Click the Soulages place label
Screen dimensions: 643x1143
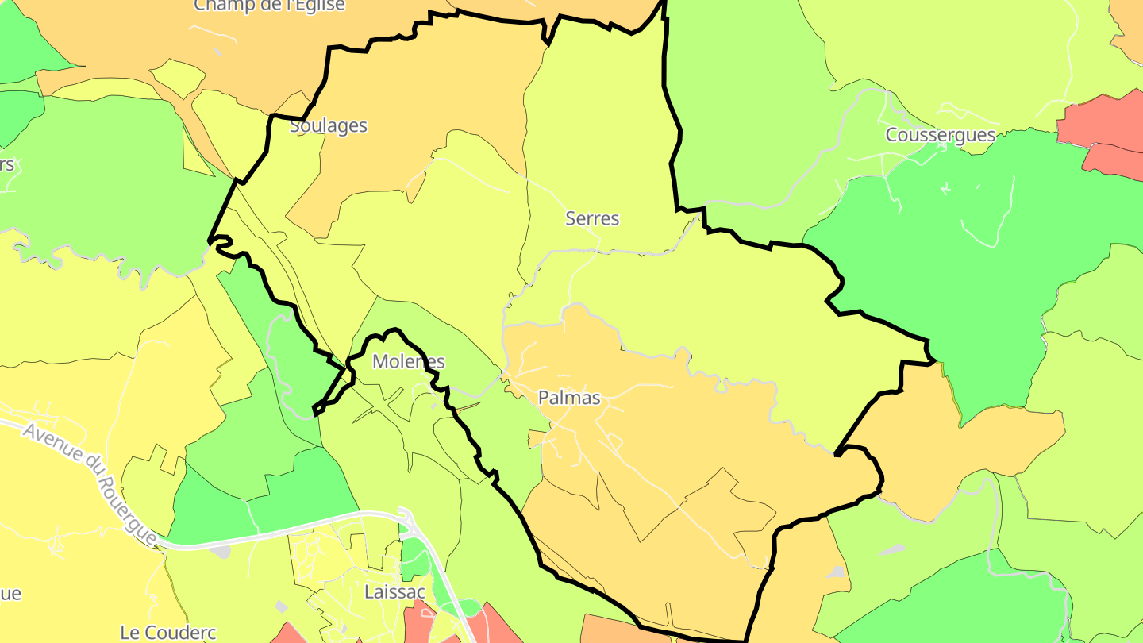coord(329,125)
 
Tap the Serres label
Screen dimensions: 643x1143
coord(592,218)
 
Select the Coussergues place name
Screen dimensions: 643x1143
coord(941,135)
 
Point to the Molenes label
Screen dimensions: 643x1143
coord(409,362)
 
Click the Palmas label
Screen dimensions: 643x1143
coord(569,398)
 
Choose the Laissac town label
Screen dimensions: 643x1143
coord(394,592)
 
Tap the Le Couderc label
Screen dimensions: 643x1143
coord(168,633)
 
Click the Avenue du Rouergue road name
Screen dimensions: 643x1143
coord(89,483)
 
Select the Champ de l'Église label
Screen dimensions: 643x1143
coord(270,5)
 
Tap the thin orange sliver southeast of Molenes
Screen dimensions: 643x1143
coord(468,407)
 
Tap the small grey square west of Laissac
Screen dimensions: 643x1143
coord(281,606)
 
